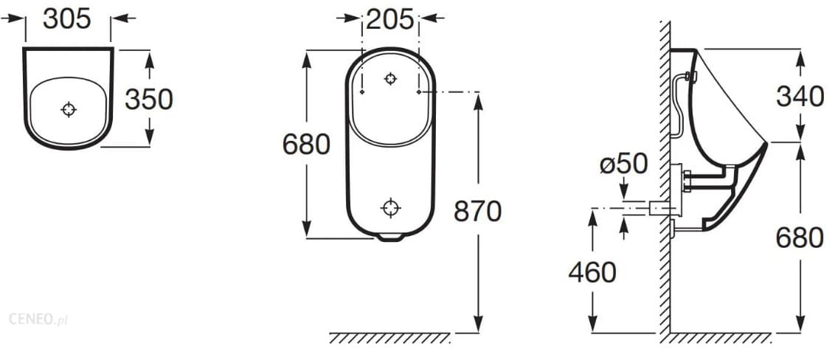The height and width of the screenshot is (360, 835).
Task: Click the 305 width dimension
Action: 67,19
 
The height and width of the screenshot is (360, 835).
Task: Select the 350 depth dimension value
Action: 148,99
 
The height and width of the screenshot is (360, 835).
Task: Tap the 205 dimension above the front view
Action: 390,19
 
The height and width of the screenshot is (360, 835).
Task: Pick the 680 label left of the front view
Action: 306,145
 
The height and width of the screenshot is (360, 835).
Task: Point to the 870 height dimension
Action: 477,212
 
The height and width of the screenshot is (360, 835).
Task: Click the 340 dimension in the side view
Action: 800,96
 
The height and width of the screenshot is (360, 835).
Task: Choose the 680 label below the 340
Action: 800,238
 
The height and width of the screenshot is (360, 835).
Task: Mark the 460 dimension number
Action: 592,272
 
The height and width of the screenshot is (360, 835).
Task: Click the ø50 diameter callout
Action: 623,165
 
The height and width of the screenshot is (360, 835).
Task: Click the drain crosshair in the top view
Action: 69,110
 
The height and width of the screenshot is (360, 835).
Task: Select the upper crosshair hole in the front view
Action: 391,78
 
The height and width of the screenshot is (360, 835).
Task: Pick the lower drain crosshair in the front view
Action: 391,208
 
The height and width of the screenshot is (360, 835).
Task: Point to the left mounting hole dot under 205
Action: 363,92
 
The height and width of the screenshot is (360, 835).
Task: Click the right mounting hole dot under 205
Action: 419,92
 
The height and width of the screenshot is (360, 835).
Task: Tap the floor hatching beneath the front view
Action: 389,339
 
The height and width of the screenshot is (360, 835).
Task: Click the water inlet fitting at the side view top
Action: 690,76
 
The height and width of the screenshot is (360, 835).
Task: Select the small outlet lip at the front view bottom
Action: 390,237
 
